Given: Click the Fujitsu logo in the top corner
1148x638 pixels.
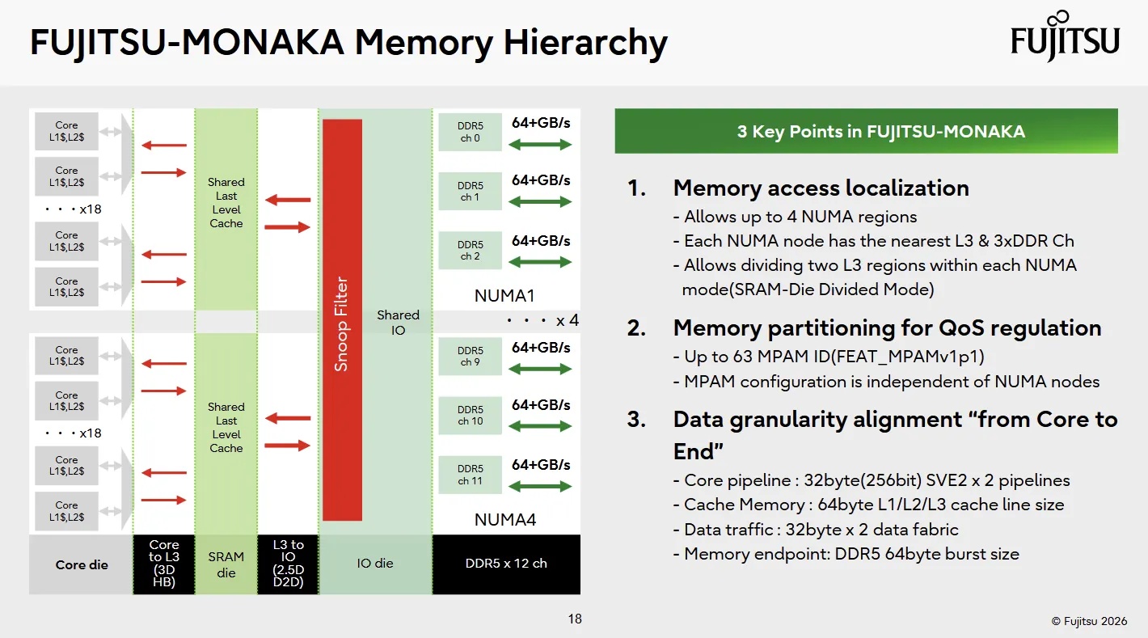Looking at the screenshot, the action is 1065,36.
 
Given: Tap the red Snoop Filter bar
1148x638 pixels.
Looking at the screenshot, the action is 342,319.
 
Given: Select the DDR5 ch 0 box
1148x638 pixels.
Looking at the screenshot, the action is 470,132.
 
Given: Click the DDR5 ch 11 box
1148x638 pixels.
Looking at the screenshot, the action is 470,475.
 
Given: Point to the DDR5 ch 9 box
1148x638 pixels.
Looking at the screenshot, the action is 470,356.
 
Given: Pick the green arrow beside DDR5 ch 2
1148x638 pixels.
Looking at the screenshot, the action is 540,262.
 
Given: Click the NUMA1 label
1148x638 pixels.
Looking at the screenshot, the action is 504,296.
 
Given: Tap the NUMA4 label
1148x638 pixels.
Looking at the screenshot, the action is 504,520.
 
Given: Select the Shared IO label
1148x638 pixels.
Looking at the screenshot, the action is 399,323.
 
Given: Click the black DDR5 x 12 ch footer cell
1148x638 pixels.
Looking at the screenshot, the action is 506,564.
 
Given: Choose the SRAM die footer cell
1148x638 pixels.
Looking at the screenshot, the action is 226,564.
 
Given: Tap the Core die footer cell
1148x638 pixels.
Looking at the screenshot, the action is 81,564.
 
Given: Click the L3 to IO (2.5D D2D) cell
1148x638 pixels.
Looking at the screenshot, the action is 288,564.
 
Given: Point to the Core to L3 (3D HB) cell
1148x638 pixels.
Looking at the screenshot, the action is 164,564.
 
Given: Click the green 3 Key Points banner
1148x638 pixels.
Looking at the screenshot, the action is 866,131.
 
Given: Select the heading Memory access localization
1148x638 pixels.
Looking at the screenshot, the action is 821,188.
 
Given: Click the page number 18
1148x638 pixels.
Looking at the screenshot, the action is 575,619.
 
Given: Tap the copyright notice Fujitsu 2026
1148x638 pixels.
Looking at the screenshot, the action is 1089,621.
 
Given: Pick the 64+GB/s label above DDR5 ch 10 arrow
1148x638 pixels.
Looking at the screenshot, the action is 541,405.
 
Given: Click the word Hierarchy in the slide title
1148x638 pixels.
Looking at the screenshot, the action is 585,42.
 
